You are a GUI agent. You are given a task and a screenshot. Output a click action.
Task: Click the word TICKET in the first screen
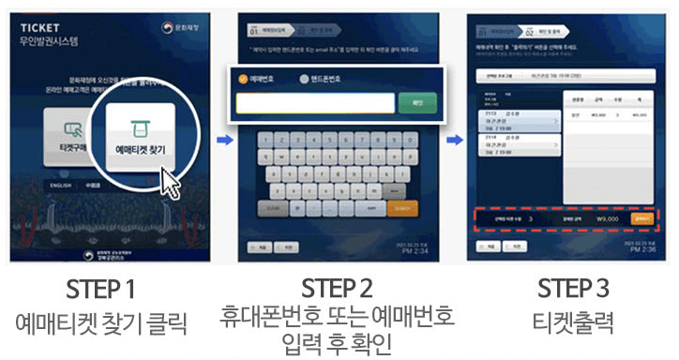click(37, 26)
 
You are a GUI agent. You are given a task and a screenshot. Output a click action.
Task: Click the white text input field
click(314, 102)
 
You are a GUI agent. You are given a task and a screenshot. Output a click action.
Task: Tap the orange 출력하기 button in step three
click(641, 217)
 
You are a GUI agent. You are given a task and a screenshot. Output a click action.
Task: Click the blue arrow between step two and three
click(452, 141)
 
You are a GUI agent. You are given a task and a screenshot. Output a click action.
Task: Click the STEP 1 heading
click(102, 287)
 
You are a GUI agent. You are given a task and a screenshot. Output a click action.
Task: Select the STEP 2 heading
click(338, 287)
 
